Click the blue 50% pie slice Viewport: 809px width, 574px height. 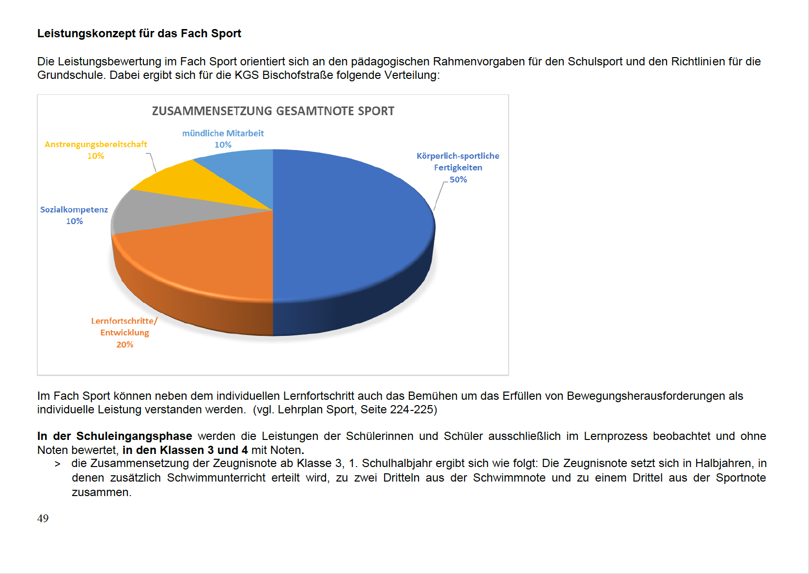tap(349, 227)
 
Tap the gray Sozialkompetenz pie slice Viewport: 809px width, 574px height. tap(160, 213)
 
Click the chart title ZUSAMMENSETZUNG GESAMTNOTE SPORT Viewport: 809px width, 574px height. tap(273, 111)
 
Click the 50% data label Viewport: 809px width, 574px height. tap(458, 180)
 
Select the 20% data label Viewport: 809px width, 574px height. tap(124, 345)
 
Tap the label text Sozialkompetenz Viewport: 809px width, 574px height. tap(74, 210)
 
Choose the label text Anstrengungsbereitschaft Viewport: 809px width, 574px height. tap(95, 144)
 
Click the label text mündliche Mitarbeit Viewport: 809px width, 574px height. tap(223, 133)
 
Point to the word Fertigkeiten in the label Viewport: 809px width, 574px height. tap(458, 167)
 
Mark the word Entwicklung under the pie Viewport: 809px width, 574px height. tap(124, 332)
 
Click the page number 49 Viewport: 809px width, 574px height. tap(43, 518)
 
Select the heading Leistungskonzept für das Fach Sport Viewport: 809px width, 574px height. tap(139, 33)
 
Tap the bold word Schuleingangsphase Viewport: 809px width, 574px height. tap(134, 436)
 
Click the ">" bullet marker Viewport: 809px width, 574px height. tap(58, 464)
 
